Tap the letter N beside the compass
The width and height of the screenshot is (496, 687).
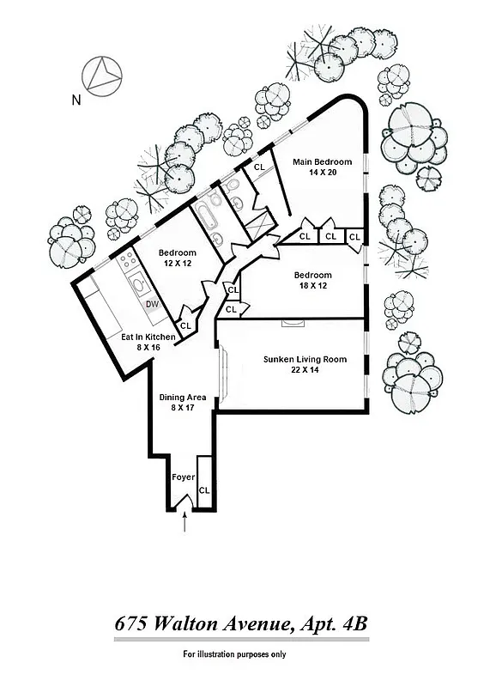tap(76, 100)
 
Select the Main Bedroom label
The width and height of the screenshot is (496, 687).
tap(322, 161)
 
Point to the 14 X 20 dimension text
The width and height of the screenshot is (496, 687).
tap(322, 173)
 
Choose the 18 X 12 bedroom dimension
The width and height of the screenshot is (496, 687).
tap(312, 287)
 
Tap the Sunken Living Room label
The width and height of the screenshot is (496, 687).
tap(305, 359)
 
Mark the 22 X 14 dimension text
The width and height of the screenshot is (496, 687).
tap(305, 371)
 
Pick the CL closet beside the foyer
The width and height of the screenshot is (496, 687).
tap(204, 490)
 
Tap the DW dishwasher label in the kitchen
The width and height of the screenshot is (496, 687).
tap(151, 304)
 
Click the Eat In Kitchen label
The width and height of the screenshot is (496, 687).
tap(148, 337)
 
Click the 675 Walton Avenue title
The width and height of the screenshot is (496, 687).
tap(241, 625)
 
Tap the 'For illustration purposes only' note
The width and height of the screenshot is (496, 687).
tap(234, 654)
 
